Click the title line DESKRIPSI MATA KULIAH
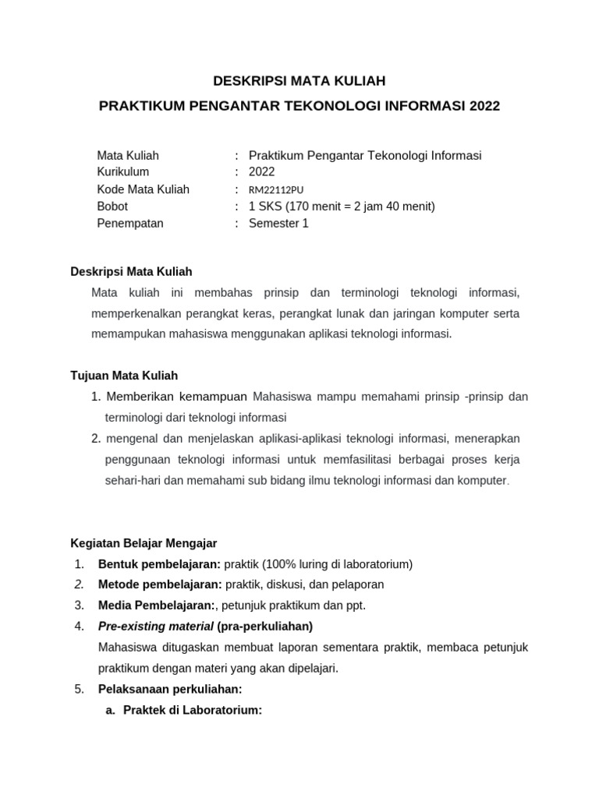[299, 80]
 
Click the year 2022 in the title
[484, 105]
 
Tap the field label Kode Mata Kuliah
[143, 189]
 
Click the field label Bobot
[112, 207]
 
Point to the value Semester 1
[278, 224]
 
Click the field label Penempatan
[130, 224]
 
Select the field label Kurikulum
[122, 172]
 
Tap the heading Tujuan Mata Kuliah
[124, 376]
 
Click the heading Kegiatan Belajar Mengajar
[144, 542]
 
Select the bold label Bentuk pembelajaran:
[160, 563]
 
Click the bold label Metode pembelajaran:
[160, 584]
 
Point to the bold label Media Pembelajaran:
[156, 605]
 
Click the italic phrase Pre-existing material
[156, 626]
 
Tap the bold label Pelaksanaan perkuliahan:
[170, 689]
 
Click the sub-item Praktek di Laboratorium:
[193, 710]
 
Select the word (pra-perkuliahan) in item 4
[265, 626]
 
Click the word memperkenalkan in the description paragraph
[140, 313]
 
